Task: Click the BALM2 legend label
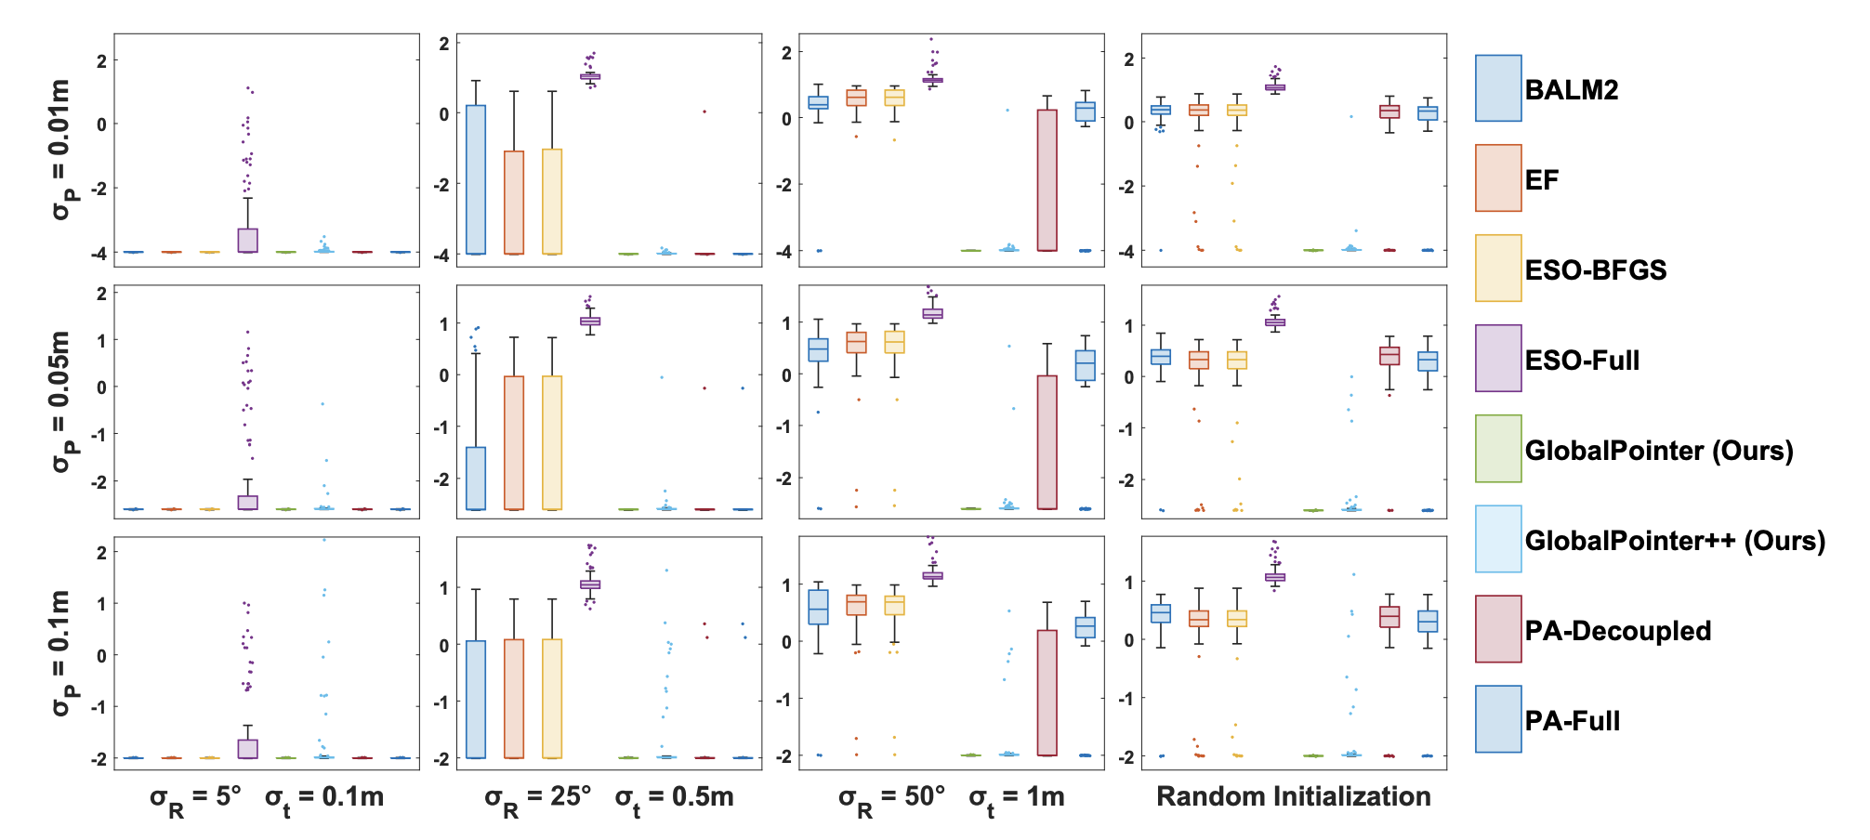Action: pos(1572,90)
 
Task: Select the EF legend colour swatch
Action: pos(1498,178)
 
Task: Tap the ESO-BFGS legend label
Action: pos(1596,270)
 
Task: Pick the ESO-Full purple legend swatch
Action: pos(1498,359)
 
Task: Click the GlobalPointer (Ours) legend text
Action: pos(1659,451)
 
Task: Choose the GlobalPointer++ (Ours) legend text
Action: pos(1675,541)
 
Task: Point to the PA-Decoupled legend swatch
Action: pos(1498,629)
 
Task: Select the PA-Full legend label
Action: pos(1573,721)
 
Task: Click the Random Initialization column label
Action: pos(1293,797)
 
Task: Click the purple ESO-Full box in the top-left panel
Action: pos(248,241)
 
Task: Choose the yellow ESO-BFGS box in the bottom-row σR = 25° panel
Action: pos(552,699)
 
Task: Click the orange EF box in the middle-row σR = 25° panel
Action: pos(514,443)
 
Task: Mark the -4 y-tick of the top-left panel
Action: pos(100,253)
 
